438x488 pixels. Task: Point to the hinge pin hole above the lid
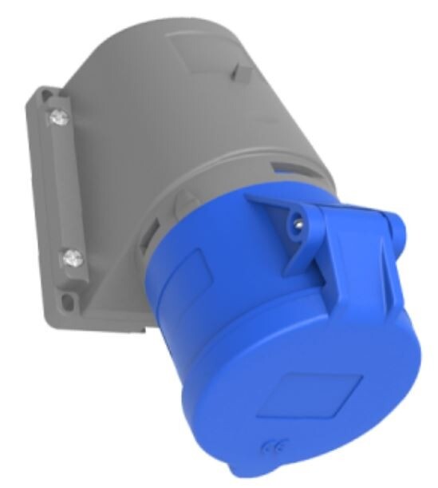pyautogui.click(x=298, y=223)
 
